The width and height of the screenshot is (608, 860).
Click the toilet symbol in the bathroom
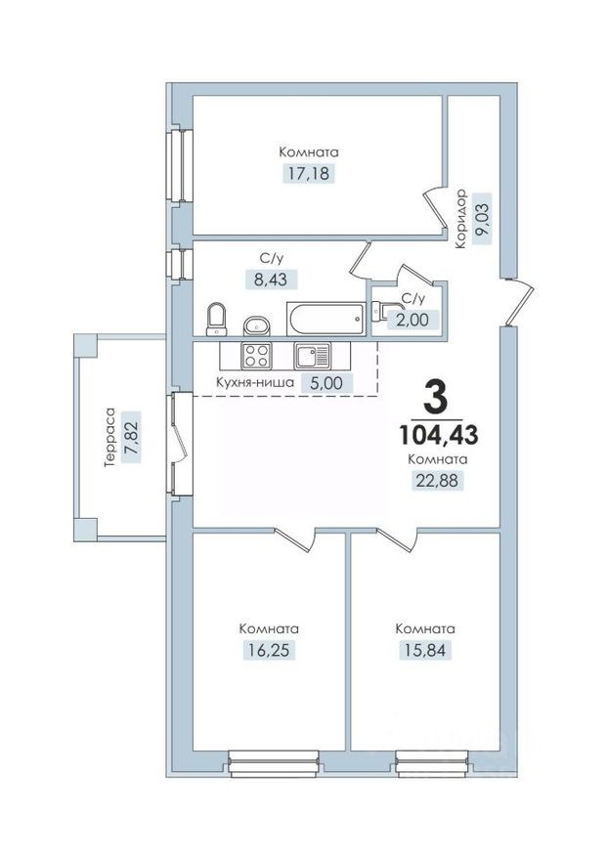pos(217,318)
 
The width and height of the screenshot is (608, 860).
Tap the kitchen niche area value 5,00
pos(326,383)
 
